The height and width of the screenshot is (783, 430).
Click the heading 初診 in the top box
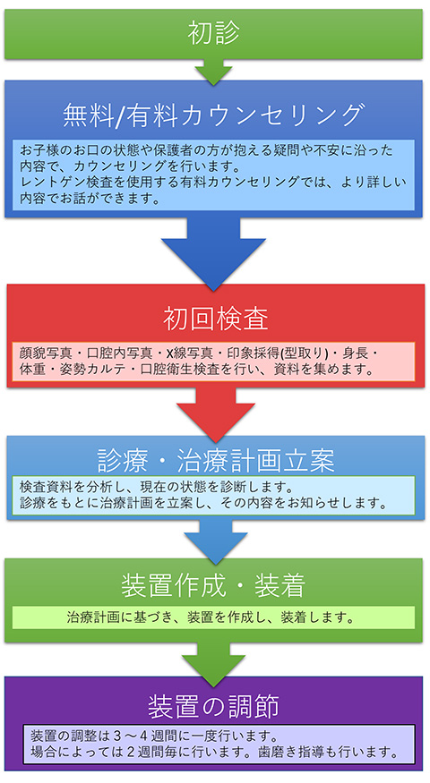213,33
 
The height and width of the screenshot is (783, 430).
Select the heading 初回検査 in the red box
216,319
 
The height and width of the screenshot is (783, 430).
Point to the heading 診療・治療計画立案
216,461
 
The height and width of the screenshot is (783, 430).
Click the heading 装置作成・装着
213,586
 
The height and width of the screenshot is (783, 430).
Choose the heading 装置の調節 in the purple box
213,706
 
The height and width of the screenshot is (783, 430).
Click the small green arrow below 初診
213,72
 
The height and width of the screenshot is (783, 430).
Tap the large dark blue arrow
213,253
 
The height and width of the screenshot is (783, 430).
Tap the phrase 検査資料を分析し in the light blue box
65,486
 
